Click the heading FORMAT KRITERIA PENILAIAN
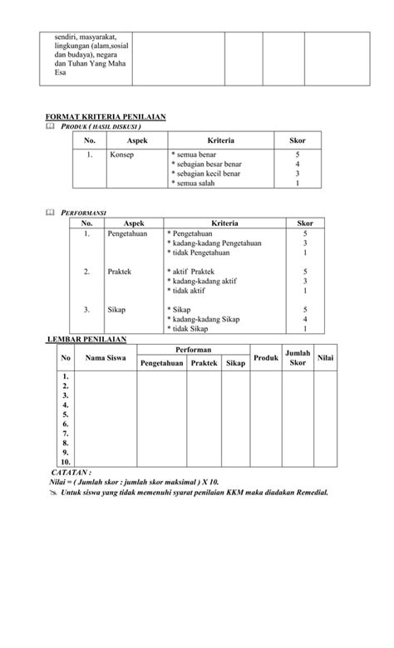(x=106, y=116)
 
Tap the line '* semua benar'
(x=195, y=155)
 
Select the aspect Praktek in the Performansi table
(x=120, y=272)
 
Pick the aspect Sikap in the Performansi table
(x=116, y=309)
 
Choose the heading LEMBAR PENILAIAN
(x=86, y=339)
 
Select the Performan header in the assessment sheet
(x=194, y=351)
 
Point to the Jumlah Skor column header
(x=297, y=358)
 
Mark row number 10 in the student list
(x=66, y=461)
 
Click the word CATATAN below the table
(x=71, y=471)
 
